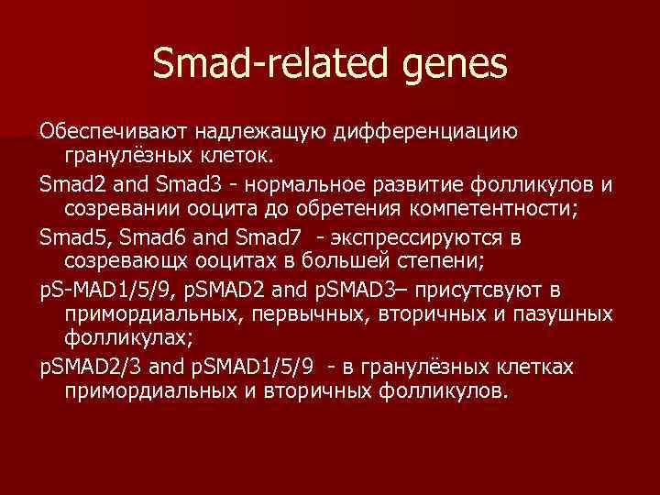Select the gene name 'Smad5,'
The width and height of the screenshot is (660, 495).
[72, 239]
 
